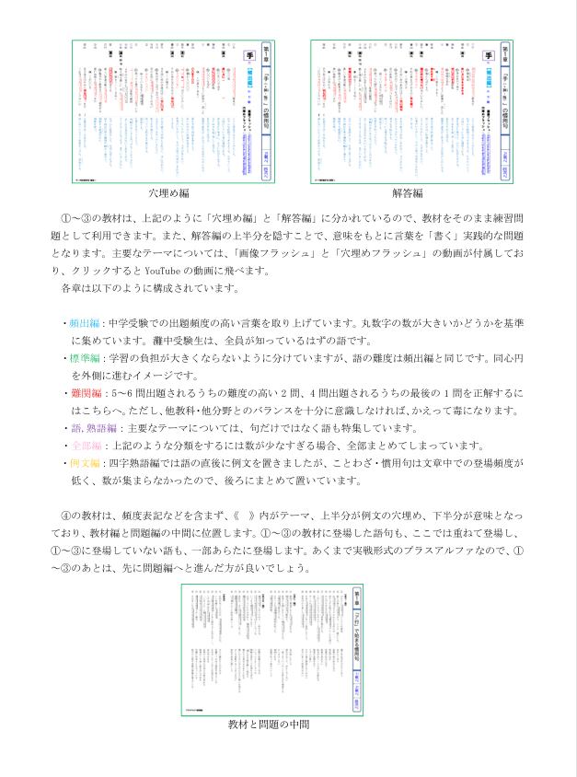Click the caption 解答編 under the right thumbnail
[x=407, y=193]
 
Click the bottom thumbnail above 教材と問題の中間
[x=271, y=647]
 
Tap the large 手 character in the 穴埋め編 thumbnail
[x=247, y=57]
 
